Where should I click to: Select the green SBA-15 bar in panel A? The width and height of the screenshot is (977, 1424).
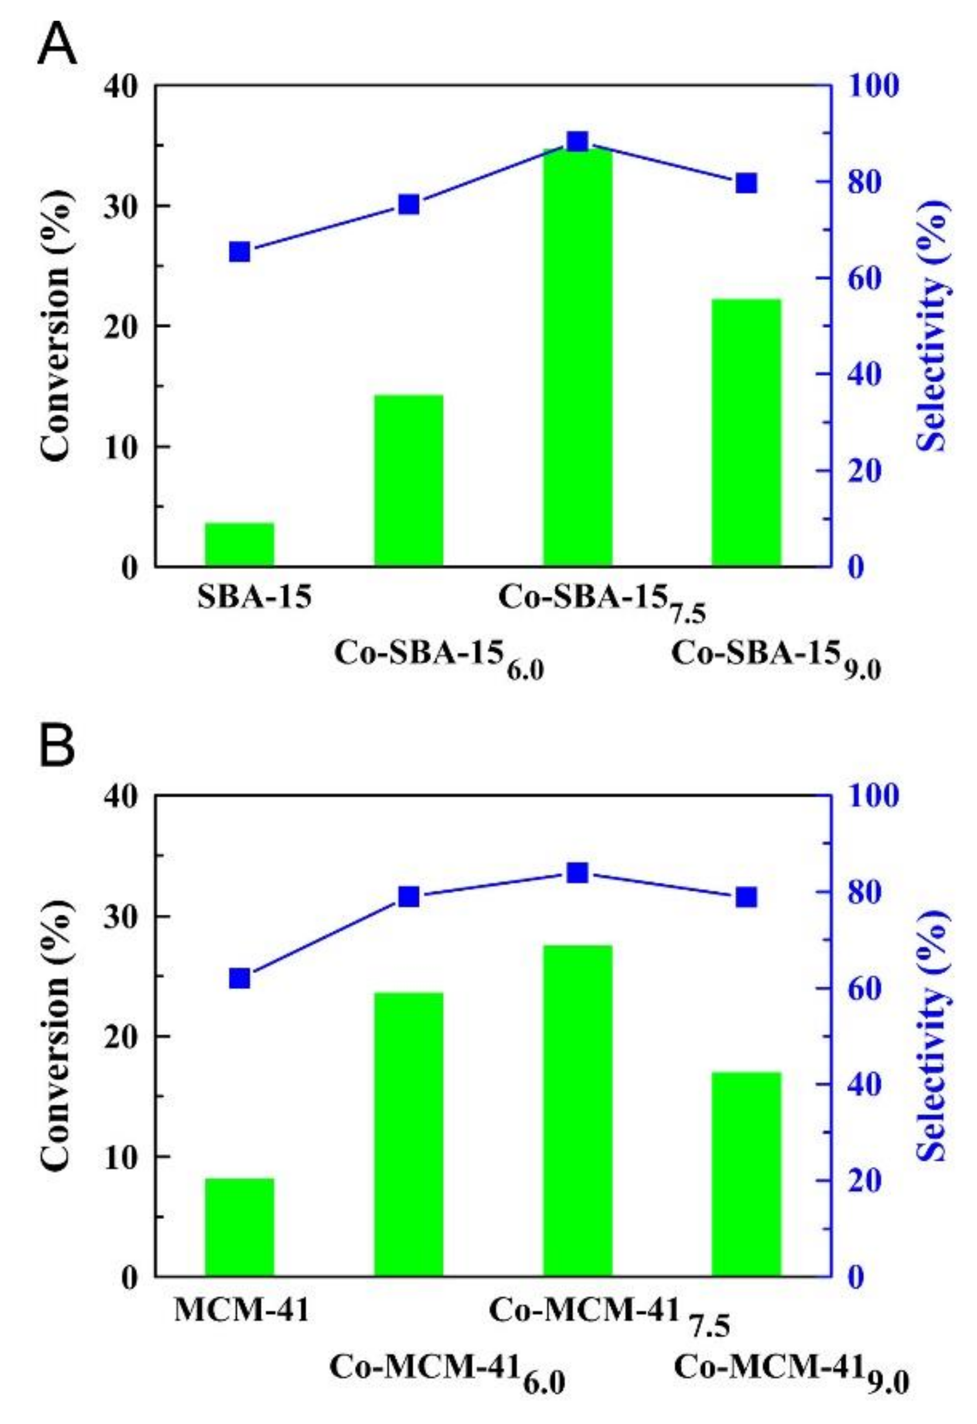coord(239,544)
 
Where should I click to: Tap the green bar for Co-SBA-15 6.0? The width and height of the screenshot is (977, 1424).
coord(409,480)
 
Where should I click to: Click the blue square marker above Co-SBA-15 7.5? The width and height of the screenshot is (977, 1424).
coord(578,142)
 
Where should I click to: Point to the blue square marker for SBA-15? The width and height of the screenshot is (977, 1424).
coord(239,252)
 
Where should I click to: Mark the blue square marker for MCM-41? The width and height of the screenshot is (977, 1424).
coord(239,978)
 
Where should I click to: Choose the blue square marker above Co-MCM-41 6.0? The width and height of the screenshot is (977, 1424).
coord(409,897)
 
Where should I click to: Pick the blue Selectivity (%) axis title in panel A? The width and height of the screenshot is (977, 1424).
coord(935,325)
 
